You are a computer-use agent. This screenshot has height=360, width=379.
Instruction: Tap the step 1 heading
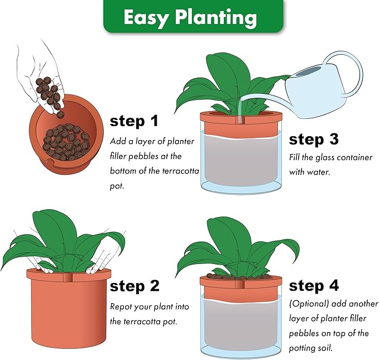click(134, 121)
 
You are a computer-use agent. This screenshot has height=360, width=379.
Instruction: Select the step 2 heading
click(135, 286)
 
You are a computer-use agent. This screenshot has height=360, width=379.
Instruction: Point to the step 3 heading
click(314, 140)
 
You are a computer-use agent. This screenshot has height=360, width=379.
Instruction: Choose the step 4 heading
click(314, 286)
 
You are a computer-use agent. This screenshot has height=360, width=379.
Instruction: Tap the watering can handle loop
click(348, 70)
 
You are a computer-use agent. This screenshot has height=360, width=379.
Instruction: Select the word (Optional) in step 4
click(309, 304)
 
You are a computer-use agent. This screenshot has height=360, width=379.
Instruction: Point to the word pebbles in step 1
click(143, 156)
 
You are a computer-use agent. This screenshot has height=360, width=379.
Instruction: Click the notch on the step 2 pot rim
click(67, 277)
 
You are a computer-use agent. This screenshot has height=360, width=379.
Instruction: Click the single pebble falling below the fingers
click(60, 114)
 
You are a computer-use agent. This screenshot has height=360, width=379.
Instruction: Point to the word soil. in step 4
click(325, 348)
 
